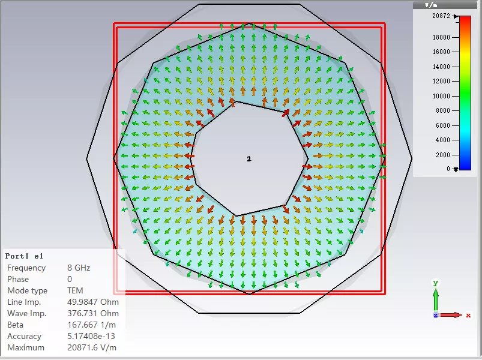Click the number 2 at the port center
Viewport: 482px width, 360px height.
coord(249,159)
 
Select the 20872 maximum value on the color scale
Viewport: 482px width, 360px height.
coord(441,16)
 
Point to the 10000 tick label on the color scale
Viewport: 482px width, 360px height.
coord(441,96)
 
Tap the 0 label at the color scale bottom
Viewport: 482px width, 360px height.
coord(448,169)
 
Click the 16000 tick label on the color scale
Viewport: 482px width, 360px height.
coord(441,52)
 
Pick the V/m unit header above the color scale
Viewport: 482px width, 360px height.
coord(431,5)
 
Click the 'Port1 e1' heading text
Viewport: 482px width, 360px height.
coord(24,256)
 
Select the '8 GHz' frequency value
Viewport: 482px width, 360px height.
coord(79,268)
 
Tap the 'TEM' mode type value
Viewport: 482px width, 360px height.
coord(75,290)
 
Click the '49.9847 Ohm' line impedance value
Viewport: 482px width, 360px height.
coord(93,302)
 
